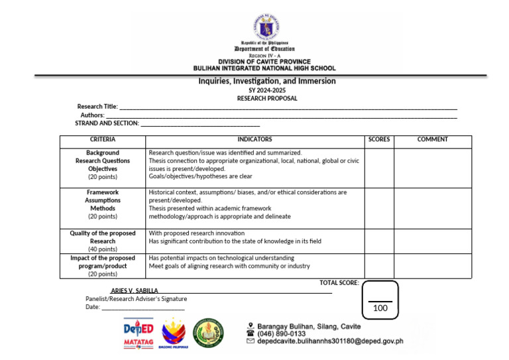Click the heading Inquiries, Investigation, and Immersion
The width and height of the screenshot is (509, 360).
click(x=267, y=81)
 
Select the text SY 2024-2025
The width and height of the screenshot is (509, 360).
click(x=267, y=90)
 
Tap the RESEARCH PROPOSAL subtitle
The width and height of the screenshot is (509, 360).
click(x=267, y=98)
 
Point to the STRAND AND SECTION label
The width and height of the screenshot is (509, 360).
click(x=107, y=123)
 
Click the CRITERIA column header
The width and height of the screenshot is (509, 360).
click(x=103, y=140)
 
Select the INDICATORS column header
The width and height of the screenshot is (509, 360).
click(x=254, y=140)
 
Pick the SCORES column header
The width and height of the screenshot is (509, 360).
click(x=379, y=140)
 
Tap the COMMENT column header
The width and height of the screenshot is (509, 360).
click(x=432, y=140)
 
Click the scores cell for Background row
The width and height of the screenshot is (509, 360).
click(x=379, y=168)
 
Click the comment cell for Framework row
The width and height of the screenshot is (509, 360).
click(x=432, y=208)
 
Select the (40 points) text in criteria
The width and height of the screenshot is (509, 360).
click(x=103, y=249)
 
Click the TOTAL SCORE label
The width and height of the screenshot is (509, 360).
click(x=339, y=283)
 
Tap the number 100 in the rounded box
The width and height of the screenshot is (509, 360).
click(x=380, y=309)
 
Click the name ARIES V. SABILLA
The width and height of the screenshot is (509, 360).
click(x=134, y=291)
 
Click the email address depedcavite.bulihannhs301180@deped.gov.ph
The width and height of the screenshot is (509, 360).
click(x=330, y=342)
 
